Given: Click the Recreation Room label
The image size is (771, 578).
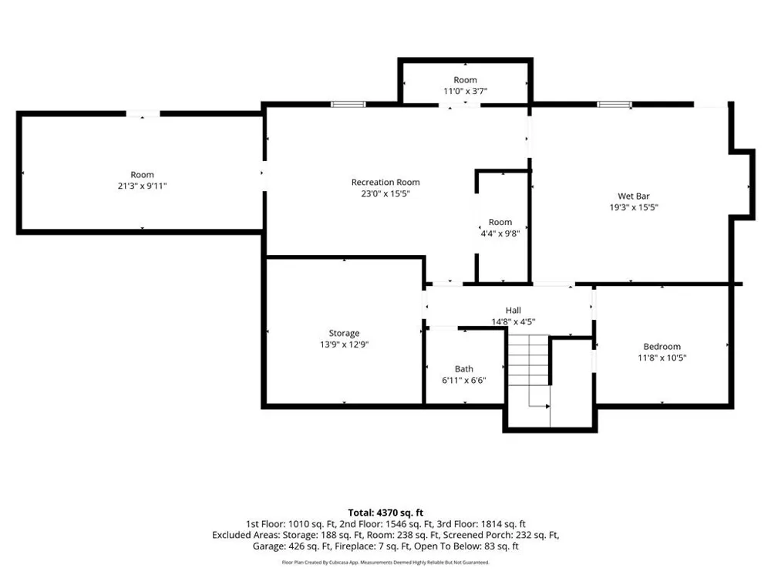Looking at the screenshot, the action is pyautogui.click(x=385, y=182).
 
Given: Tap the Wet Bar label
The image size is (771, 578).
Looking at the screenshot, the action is pyautogui.click(x=634, y=196).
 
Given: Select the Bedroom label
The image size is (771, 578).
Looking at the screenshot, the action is pyautogui.click(x=662, y=347).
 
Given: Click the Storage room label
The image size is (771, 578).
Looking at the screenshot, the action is pyautogui.click(x=344, y=333).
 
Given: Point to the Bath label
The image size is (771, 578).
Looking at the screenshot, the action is pyautogui.click(x=463, y=368).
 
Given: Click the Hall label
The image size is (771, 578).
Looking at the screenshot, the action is pyautogui.click(x=513, y=310).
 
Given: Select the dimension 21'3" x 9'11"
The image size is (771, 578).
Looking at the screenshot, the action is pyautogui.click(x=142, y=186).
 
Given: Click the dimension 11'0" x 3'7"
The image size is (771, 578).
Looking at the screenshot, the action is pyautogui.click(x=465, y=91).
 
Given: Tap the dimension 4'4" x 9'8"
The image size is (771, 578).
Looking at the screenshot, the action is pyautogui.click(x=500, y=234).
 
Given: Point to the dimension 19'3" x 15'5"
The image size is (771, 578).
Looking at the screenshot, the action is pyautogui.click(x=634, y=207).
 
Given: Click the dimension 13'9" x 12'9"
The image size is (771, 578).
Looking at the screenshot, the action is pyautogui.click(x=344, y=344).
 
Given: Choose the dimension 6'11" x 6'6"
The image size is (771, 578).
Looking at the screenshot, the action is pyautogui.click(x=463, y=380).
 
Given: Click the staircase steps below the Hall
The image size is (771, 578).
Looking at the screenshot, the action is pyautogui.click(x=529, y=360).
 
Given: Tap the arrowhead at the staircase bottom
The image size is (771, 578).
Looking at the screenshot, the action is pyautogui.click(x=547, y=406).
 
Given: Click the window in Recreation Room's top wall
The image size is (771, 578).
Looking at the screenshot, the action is pyautogui.click(x=348, y=104).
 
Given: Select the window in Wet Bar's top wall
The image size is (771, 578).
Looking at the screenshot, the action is pyautogui.click(x=614, y=104).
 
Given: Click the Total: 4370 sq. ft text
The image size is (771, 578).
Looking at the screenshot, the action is pyautogui.click(x=385, y=513).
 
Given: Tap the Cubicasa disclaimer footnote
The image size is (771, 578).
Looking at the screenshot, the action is pyautogui.click(x=385, y=563).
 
